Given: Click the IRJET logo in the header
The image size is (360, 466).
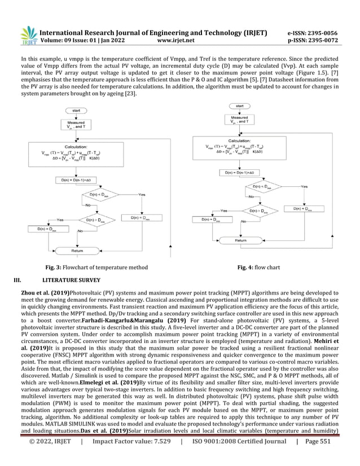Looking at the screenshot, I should pos(28,36).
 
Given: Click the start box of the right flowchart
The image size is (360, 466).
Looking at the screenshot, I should pos(240,105).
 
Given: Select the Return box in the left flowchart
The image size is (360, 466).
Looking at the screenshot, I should pos(77,250).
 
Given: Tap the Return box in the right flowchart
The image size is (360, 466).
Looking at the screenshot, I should pos(240,240).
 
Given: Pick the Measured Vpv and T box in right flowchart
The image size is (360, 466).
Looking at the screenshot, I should pos(239,120).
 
